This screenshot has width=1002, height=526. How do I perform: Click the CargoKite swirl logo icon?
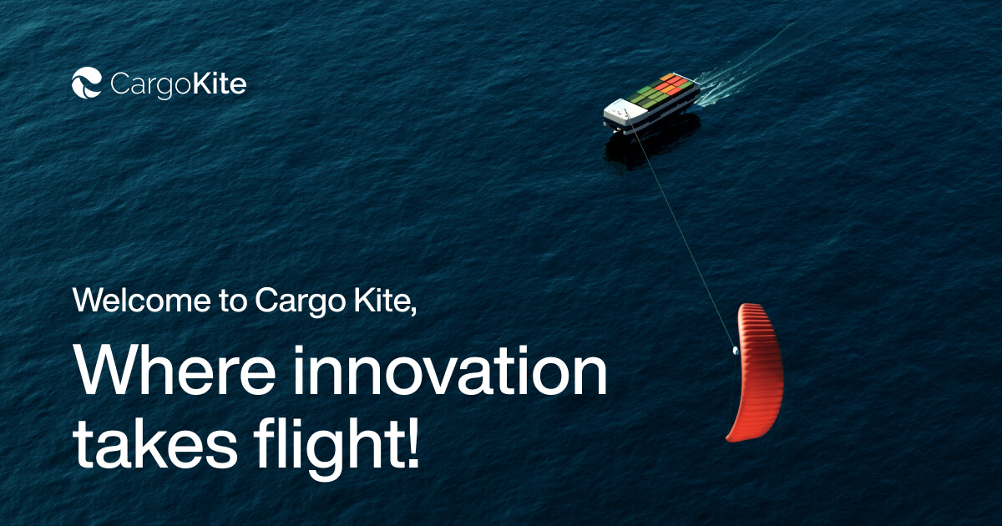click(x=87, y=83)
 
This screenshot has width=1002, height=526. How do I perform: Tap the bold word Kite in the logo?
click(x=220, y=83)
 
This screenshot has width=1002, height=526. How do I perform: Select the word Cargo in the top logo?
click(x=151, y=85)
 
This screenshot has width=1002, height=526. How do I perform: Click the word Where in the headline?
click(x=175, y=372)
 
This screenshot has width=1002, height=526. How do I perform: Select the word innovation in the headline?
click(x=450, y=372)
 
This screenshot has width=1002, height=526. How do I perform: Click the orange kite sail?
click(x=757, y=372)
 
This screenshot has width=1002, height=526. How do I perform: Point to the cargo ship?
click(x=651, y=104)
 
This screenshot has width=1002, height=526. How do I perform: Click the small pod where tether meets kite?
click(x=735, y=350)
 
